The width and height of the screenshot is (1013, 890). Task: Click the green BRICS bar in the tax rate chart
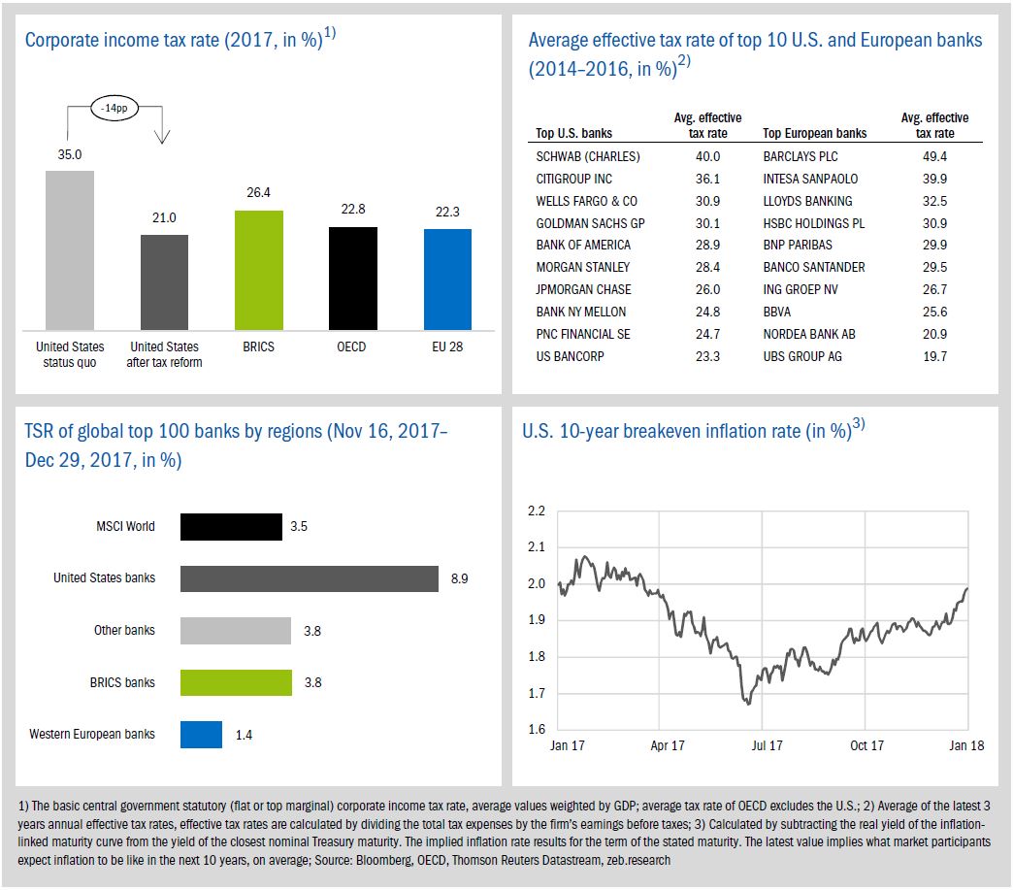258,270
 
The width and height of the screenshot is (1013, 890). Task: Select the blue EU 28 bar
447,280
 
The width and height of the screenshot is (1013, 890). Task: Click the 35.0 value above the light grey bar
69,153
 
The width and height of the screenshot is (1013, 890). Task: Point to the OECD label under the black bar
352,346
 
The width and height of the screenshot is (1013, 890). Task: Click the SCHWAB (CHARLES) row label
588,156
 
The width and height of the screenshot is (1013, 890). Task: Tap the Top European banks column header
815,133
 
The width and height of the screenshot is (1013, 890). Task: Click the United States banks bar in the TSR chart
310,577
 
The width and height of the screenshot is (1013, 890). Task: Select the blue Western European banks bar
201,734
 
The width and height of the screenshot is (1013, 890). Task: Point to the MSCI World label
125,527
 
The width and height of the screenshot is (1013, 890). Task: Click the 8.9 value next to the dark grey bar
459,578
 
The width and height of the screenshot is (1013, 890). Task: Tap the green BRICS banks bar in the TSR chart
236,682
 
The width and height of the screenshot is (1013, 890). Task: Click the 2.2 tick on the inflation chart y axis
536,511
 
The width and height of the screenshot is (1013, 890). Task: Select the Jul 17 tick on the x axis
767,746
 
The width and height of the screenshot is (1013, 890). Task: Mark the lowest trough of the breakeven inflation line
748,703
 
